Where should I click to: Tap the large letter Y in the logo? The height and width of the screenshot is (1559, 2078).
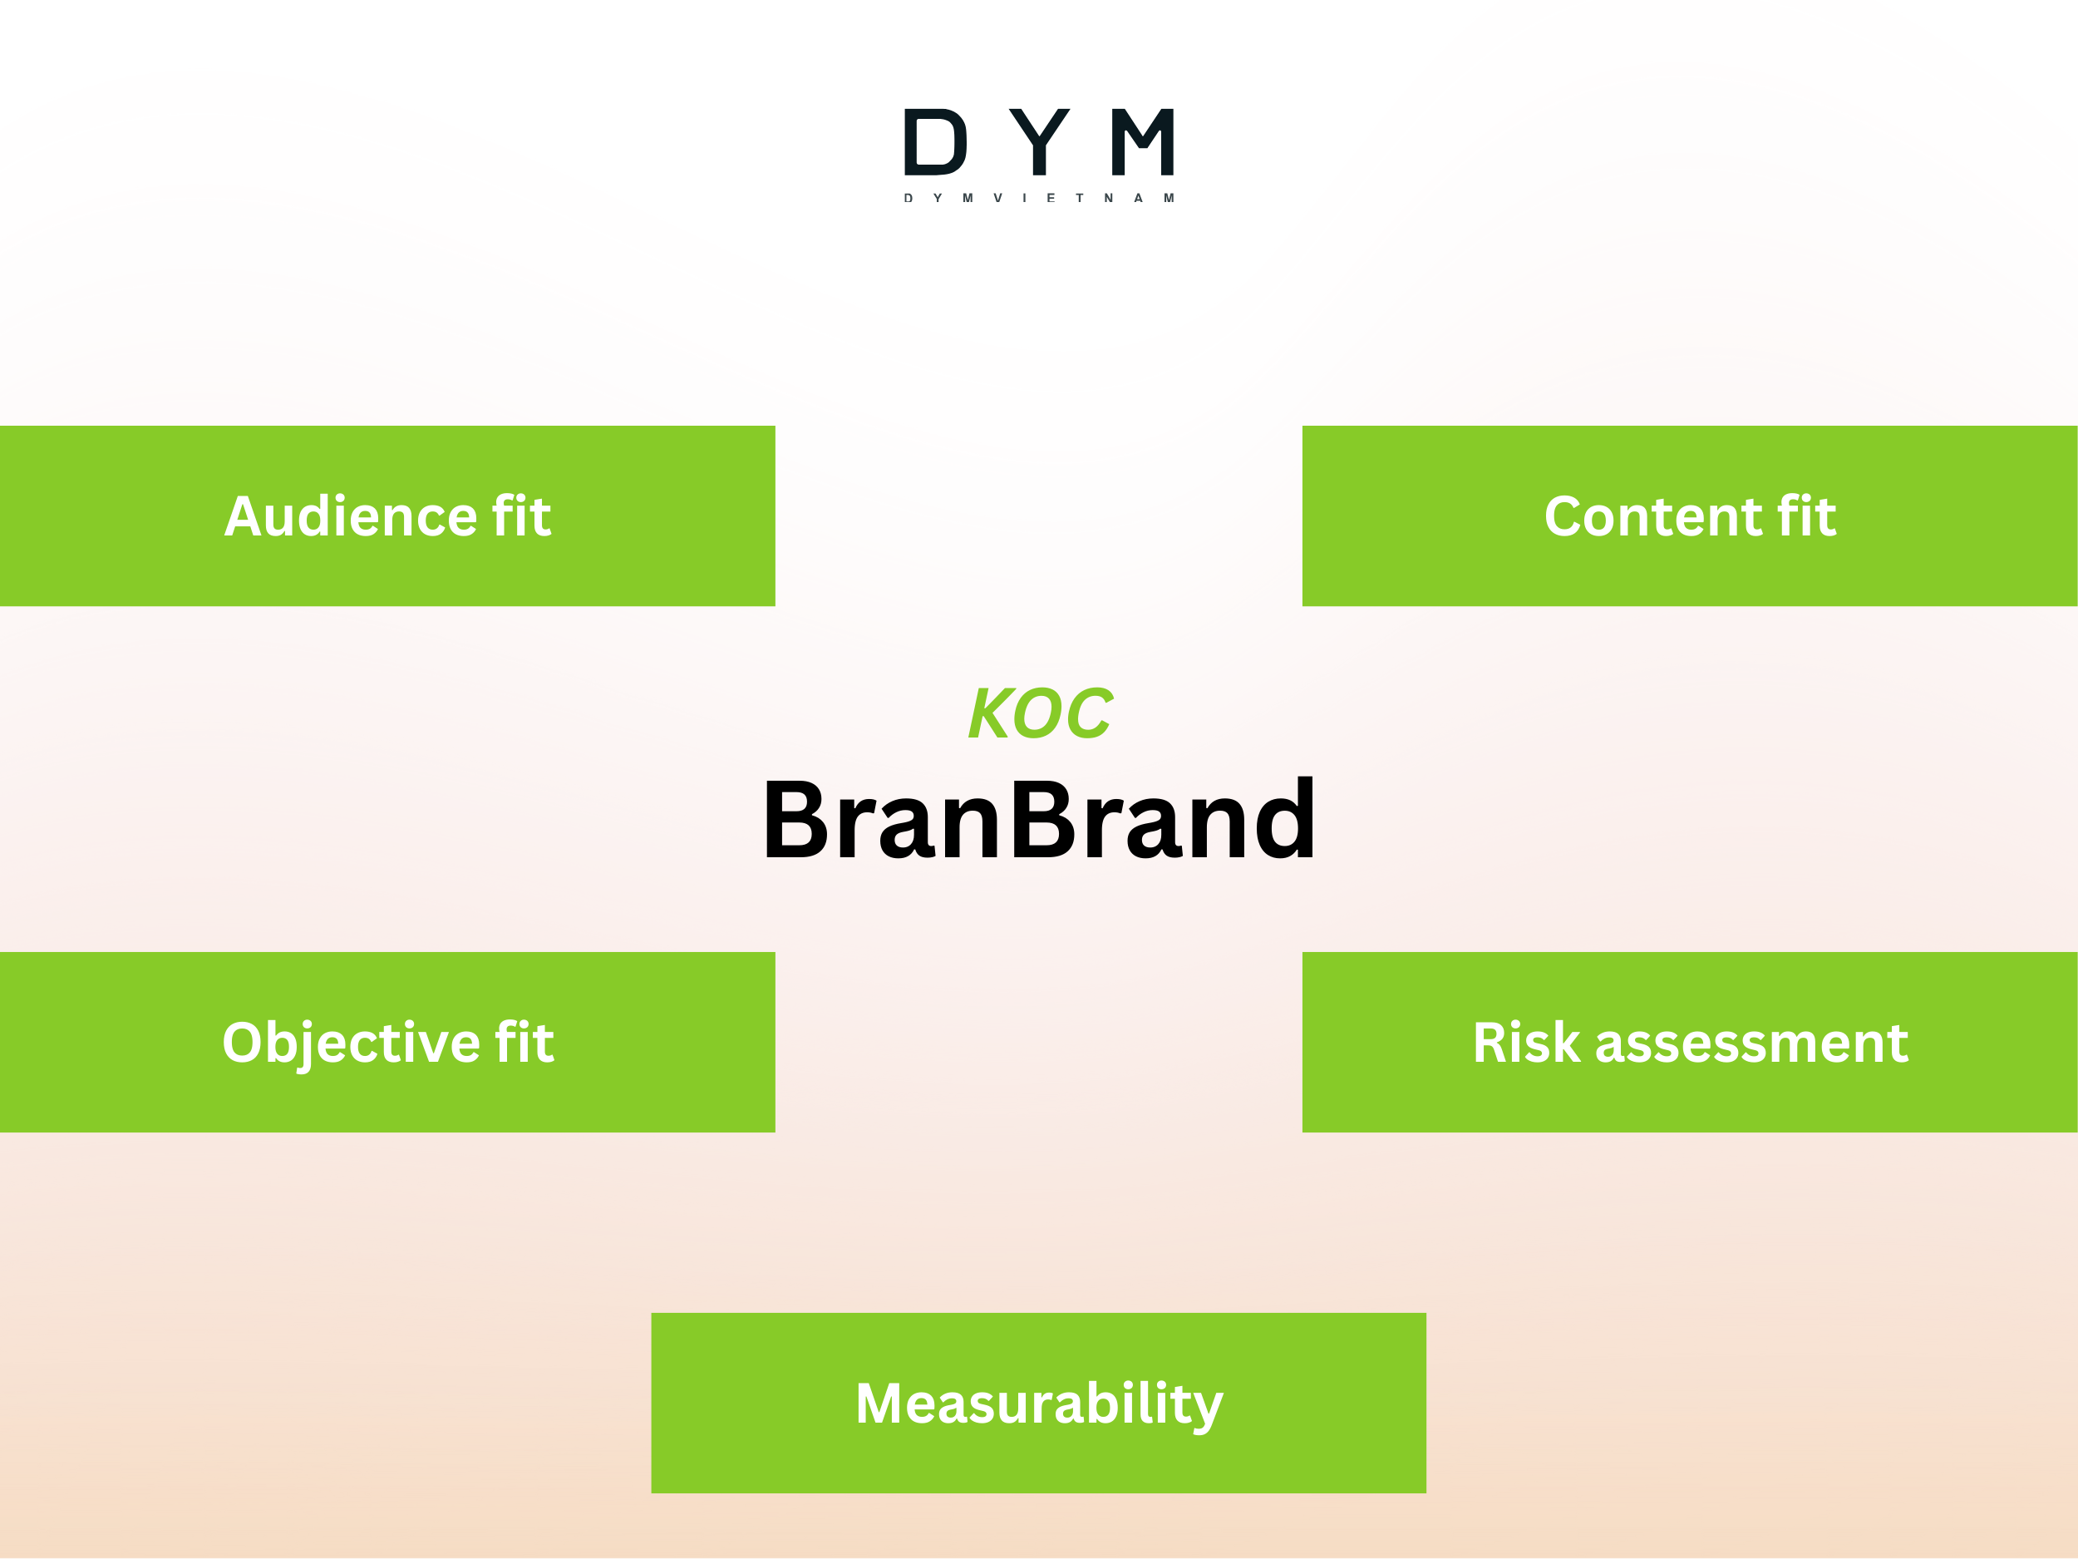[1039, 142]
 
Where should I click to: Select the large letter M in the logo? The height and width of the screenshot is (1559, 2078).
[1143, 142]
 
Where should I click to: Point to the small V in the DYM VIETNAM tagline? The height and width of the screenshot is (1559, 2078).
[997, 198]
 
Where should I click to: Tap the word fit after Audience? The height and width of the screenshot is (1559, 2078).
[520, 517]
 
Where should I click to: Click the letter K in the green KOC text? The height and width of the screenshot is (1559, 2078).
[989, 714]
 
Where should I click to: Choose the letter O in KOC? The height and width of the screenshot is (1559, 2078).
[1040, 714]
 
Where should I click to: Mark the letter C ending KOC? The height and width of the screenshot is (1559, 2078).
[1089, 714]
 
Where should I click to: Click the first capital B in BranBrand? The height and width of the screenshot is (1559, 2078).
[796, 820]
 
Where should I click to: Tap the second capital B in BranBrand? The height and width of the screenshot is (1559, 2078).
[1043, 820]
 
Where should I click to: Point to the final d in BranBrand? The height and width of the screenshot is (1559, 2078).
[1282, 820]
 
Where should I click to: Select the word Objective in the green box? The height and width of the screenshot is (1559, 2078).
[351, 1043]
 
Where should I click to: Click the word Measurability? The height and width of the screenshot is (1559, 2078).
[1039, 1404]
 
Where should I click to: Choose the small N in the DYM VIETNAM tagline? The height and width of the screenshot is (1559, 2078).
[1109, 198]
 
